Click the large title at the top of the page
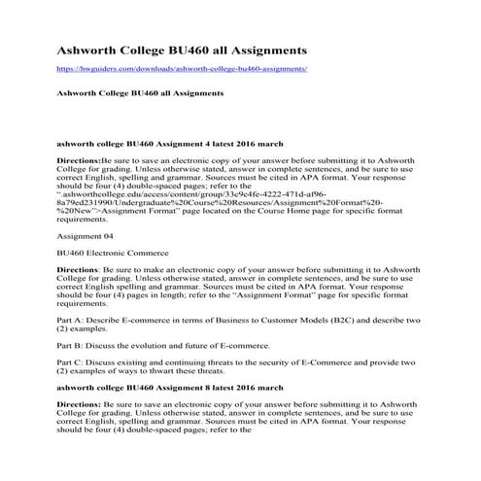pos(183,48)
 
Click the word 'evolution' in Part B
pos(157,344)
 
